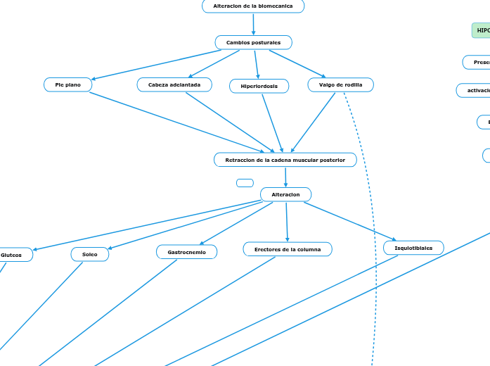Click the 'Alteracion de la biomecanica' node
pyautogui.click(x=253, y=6)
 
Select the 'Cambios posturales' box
pyautogui.click(x=253, y=43)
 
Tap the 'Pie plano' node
pyautogui.click(x=68, y=84)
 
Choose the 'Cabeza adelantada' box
pyautogui.click(x=174, y=84)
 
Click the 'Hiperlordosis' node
pyautogui.click(x=259, y=86)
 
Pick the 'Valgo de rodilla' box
pyautogui.click(x=341, y=84)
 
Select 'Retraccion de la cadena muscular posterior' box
pyautogui.click(x=285, y=160)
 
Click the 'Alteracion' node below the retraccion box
pyautogui.click(x=285, y=194)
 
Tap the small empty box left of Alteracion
pyautogui.click(x=245, y=183)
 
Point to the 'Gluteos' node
pyautogui.click(x=13, y=255)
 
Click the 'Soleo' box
pyautogui.click(x=90, y=254)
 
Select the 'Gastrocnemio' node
pyautogui.click(x=186, y=251)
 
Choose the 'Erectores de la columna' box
pyautogui.click(x=288, y=249)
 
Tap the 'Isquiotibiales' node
pyautogui.click(x=413, y=248)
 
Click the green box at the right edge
pyautogui.click(x=482, y=30)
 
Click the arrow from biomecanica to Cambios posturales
pyautogui.click(x=253, y=24)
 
